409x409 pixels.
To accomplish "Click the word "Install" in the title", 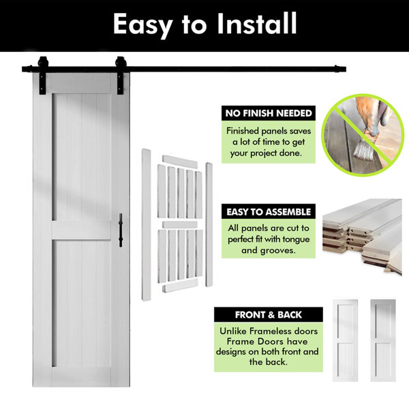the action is (x=257, y=23).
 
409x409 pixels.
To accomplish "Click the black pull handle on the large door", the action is (x=121, y=230).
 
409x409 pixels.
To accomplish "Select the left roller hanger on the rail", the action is (x=42, y=75).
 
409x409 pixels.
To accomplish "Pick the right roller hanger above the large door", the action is (x=121, y=75).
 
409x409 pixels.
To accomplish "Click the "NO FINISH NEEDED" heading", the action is (x=269, y=113).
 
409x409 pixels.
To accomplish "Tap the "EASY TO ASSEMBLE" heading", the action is (x=269, y=212).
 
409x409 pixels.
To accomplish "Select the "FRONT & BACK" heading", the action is (x=269, y=315).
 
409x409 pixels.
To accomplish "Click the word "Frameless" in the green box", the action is (x=270, y=331).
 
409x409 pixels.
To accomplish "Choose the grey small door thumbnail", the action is (x=383, y=340).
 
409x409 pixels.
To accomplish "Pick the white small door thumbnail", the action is (x=346, y=340).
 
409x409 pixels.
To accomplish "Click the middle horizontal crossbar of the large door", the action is (x=82, y=230).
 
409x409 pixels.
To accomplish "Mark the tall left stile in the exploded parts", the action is (x=146, y=225).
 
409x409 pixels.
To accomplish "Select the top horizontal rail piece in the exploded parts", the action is (x=180, y=162).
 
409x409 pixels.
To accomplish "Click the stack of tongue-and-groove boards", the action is (x=362, y=236).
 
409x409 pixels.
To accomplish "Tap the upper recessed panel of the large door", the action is (x=82, y=157).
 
